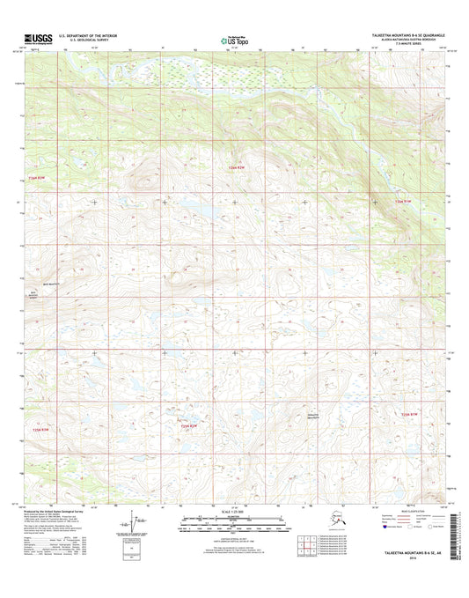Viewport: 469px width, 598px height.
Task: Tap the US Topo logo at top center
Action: coord(233,40)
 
